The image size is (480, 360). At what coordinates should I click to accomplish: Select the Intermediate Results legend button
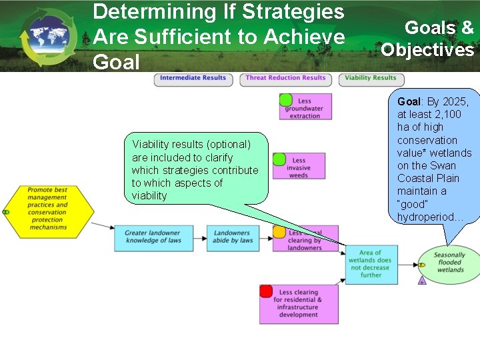tap(194, 78)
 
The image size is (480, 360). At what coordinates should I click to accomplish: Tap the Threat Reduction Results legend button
tap(285, 78)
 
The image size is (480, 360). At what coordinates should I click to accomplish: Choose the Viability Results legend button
tap(370, 78)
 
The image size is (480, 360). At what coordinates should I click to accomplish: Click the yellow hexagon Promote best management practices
tap(48, 209)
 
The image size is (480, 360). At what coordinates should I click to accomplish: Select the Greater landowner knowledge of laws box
tap(153, 237)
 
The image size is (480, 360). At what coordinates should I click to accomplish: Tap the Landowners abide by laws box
tap(232, 237)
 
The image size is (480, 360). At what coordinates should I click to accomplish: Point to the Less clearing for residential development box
tap(299, 304)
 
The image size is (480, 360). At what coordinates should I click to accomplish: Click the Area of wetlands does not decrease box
tap(371, 263)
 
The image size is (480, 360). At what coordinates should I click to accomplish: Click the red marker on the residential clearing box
tap(266, 291)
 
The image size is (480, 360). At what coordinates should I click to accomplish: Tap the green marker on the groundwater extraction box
tap(285, 101)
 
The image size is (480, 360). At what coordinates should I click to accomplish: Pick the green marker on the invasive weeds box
tap(279, 159)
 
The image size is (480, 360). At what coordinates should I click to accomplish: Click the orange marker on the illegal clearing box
tap(279, 232)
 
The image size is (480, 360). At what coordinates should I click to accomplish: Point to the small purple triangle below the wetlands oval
tap(421, 281)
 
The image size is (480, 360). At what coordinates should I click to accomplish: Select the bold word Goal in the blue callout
tap(409, 102)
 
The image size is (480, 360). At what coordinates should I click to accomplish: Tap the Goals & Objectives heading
tap(428, 38)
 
